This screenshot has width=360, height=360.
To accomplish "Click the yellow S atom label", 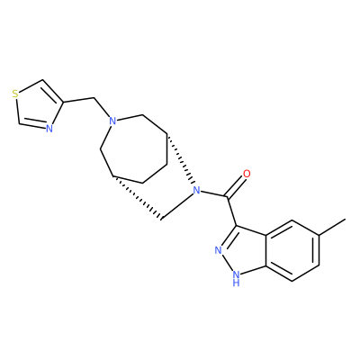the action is click(x=15, y=94).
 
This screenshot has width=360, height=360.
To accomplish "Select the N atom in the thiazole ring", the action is click(x=49, y=129).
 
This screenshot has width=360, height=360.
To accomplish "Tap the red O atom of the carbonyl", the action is click(x=247, y=174).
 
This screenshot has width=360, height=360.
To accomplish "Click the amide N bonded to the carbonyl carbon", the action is click(x=196, y=190).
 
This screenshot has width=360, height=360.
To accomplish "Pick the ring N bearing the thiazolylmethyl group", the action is click(x=112, y=121).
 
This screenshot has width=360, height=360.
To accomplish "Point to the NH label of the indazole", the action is click(x=237, y=278).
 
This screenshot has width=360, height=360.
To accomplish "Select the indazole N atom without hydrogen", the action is click(x=219, y=250).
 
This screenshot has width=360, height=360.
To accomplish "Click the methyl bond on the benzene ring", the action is click(x=332, y=227).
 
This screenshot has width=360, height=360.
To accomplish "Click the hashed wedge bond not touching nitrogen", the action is click(x=137, y=198).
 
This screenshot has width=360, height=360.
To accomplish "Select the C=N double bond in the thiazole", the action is click(x=32, y=125).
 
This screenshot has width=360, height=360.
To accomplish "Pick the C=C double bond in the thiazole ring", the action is click(x=53, y=91).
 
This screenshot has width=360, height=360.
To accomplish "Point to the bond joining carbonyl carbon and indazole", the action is click(x=232, y=211).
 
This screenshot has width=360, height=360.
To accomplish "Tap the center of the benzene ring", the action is click(x=292, y=250).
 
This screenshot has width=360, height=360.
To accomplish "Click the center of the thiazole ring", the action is click(x=39, y=106).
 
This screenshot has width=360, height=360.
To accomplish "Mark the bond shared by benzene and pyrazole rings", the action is click(x=265, y=250).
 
